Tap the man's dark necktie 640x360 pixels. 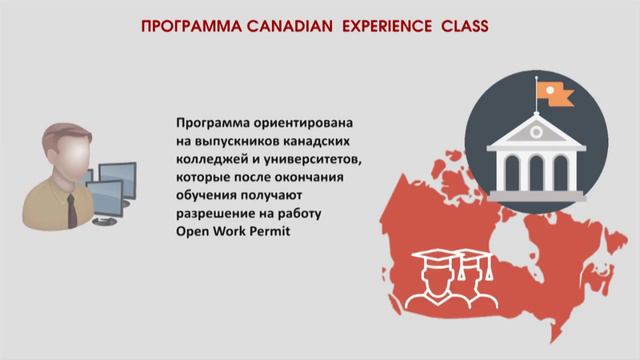[72, 209]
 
